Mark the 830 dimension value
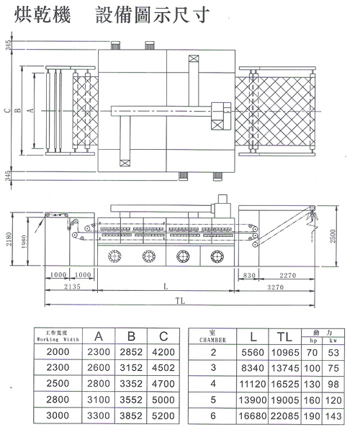point(250,274)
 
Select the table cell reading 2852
point(130,352)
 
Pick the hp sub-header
point(313,341)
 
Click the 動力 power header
point(323,332)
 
